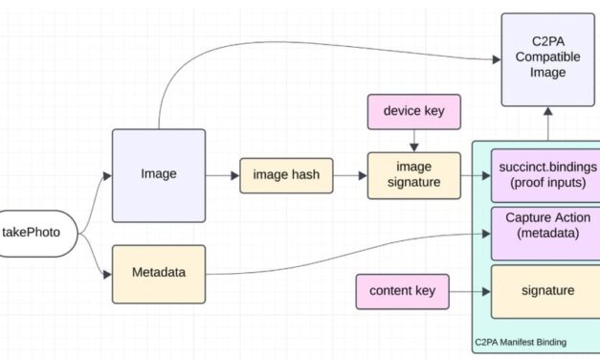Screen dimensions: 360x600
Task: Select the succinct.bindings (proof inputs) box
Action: (544, 174)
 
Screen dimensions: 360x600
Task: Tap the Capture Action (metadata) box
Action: (544, 233)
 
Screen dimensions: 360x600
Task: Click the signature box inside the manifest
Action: (544, 291)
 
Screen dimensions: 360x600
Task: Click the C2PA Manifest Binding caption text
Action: (522, 342)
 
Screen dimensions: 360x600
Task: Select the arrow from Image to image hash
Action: (222, 175)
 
